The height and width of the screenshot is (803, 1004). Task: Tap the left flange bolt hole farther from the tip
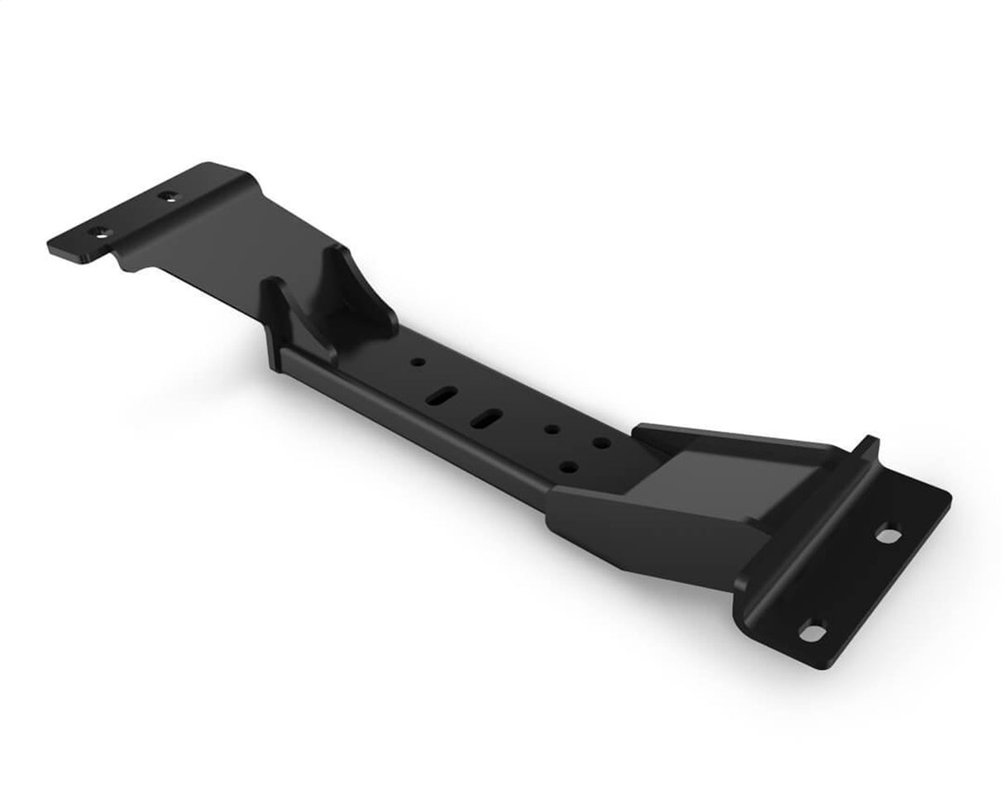click(170, 197)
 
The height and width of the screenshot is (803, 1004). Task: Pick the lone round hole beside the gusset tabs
click(419, 362)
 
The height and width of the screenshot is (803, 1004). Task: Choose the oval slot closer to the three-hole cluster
click(490, 418)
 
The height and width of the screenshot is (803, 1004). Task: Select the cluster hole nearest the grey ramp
click(599, 444)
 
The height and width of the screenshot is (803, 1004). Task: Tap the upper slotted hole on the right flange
click(888, 536)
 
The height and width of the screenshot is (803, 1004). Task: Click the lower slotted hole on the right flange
click(814, 630)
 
